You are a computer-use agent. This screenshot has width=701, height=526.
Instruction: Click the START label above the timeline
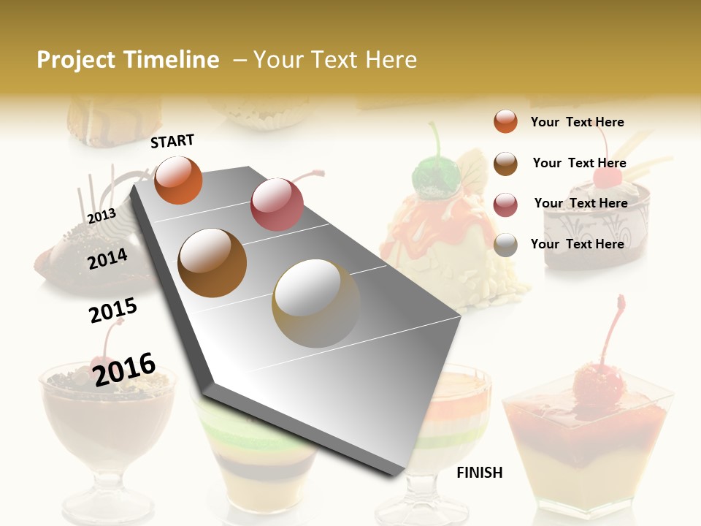[172, 141]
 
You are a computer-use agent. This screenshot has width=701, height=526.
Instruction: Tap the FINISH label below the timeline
[479, 473]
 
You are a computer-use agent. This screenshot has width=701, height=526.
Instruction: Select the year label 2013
[102, 216]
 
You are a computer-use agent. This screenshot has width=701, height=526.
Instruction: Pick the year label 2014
[108, 259]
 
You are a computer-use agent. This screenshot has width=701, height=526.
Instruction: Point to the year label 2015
[113, 310]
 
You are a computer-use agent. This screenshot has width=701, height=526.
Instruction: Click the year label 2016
[124, 369]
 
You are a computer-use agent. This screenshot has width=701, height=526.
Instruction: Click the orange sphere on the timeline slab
[179, 180]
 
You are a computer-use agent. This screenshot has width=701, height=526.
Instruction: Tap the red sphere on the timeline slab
[277, 204]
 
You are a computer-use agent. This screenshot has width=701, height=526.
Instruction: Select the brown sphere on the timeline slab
[212, 262]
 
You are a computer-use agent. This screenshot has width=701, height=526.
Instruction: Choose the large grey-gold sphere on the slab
[316, 302]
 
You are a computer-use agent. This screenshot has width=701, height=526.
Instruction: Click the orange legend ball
[505, 121]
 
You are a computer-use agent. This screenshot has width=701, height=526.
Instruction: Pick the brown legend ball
[505, 164]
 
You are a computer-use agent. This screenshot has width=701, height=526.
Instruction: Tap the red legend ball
[505, 205]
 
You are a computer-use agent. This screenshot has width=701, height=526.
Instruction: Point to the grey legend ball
[505, 245]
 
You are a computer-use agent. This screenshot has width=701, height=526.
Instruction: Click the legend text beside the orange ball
[577, 122]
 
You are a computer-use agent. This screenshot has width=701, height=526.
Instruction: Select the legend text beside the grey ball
[577, 244]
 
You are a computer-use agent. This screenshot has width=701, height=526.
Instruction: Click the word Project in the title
[77, 60]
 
